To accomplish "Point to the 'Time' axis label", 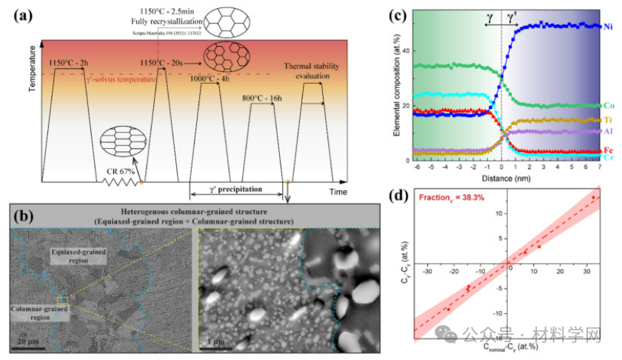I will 338,192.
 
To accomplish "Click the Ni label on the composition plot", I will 608,27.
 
